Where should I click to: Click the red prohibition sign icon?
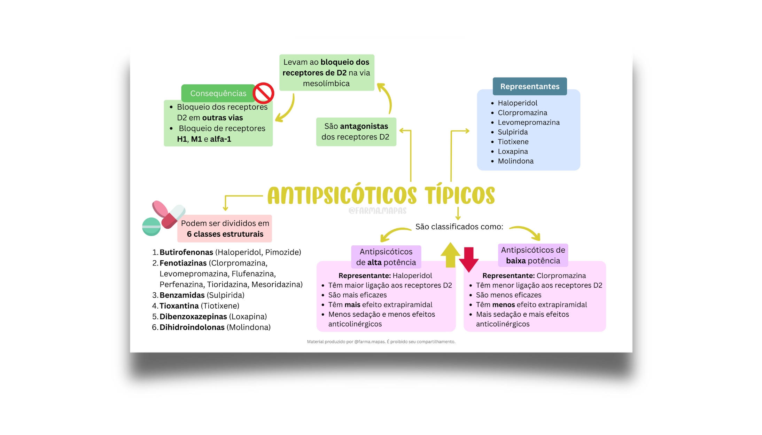[263, 93]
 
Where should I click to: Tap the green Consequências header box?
[218, 93]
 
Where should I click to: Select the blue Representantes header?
[530, 86]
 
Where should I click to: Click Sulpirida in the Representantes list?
[513, 132]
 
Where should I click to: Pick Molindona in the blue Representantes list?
[515, 161]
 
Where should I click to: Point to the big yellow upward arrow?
[450, 255]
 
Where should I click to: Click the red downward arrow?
[469, 260]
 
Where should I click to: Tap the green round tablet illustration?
[151, 227]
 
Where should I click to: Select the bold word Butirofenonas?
[186, 252]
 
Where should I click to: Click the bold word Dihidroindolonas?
[192, 327]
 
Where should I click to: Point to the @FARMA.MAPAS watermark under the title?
[378, 211]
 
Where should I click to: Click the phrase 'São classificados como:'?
[459, 227]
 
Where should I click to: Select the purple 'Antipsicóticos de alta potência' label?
[386, 257]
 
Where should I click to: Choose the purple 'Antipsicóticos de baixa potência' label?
[533, 255]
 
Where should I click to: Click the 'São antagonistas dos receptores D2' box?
[356, 132]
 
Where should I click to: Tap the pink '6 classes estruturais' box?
[225, 229]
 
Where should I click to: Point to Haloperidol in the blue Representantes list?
[518, 103]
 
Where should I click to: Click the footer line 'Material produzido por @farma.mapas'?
[381, 342]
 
